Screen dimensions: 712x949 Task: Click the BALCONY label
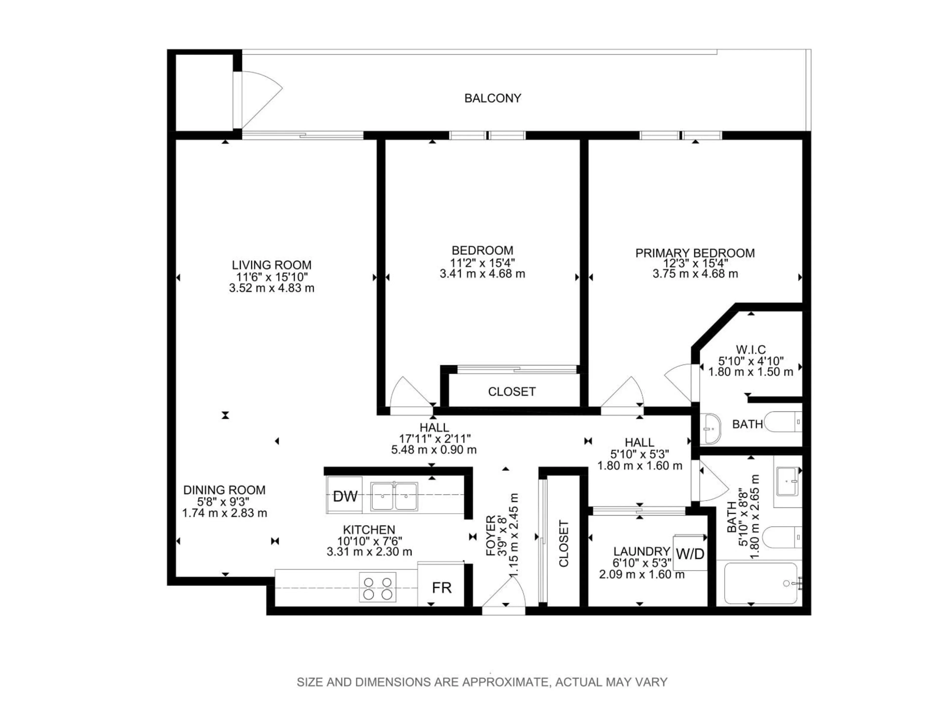(x=493, y=98)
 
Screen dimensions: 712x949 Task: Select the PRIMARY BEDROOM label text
(x=695, y=253)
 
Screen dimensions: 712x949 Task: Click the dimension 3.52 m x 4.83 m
(x=272, y=288)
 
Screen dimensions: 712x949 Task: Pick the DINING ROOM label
(x=224, y=490)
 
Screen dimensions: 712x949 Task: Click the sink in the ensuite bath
(x=712, y=428)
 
